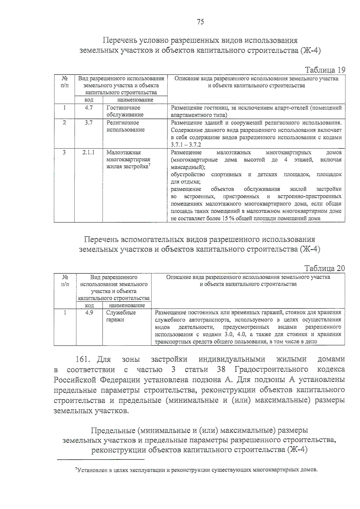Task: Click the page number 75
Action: (x=200, y=22)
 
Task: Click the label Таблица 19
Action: (x=325, y=70)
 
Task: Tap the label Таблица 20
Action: (x=325, y=268)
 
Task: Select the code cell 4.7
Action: (x=88, y=108)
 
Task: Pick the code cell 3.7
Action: (x=88, y=123)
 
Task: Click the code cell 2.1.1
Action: (x=88, y=152)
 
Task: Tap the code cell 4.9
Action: (x=89, y=313)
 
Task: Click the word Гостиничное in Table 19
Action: (x=123, y=108)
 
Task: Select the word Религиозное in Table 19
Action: (x=123, y=123)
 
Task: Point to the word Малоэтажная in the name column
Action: (x=124, y=152)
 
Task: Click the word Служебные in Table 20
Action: (x=121, y=313)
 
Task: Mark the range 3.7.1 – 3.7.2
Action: (x=186, y=145)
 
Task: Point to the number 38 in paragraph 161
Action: (x=221, y=369)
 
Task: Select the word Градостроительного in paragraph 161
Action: (x=271, y=369)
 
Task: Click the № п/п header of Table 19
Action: (x=64, y=82)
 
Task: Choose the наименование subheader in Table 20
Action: (x=127, y=305)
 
